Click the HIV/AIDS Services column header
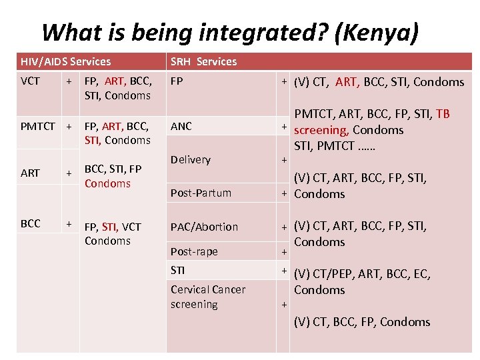coord(65,61)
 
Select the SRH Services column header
coord(203,61)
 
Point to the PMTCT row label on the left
coord(38,125)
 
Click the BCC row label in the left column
coord(30,224)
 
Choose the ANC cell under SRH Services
coord(181,126)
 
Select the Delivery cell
coord(190,159)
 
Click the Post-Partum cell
coord(201,193)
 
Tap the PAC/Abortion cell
coord(204,227)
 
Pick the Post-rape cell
coord(194,251)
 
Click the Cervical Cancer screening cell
coord(207,297)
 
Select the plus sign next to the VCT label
coord(69,81)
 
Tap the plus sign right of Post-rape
coord(283,253)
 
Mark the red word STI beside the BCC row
coord(110,227)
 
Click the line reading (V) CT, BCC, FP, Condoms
coord(362,322)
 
